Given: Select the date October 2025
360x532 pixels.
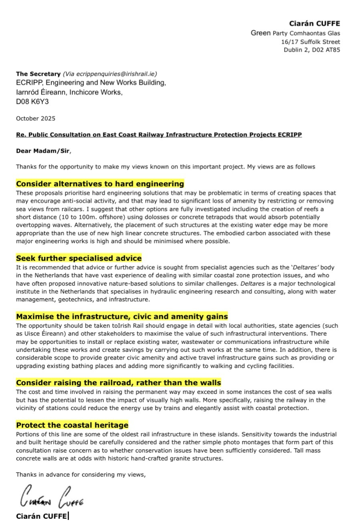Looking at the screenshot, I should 36,118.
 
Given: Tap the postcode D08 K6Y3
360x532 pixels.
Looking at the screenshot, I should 32,102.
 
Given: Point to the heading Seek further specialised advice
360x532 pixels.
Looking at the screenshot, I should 79,258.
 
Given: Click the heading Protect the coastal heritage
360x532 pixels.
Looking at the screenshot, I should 72,425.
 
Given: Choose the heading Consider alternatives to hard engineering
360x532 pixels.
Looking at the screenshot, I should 100,184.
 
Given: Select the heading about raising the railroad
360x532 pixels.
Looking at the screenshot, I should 118,383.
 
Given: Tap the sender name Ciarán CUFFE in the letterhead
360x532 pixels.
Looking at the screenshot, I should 314,24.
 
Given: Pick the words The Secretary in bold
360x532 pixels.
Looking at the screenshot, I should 38,74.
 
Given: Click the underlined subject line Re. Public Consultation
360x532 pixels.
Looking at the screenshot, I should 159,134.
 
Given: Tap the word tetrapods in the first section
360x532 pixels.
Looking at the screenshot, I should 214,217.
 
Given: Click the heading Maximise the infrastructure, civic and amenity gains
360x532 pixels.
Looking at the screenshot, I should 122,317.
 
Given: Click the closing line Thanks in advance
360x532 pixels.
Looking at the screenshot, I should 81,475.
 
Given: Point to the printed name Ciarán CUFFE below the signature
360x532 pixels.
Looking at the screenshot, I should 41,516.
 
